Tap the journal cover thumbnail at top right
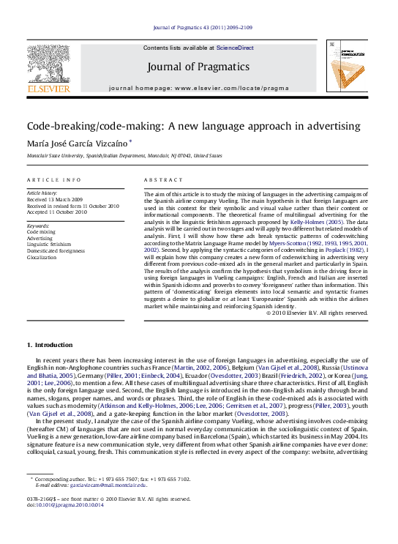347,66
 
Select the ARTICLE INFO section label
54,179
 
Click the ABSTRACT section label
163,179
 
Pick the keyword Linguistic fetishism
49,244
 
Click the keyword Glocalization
42,257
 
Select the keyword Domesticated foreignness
56,250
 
